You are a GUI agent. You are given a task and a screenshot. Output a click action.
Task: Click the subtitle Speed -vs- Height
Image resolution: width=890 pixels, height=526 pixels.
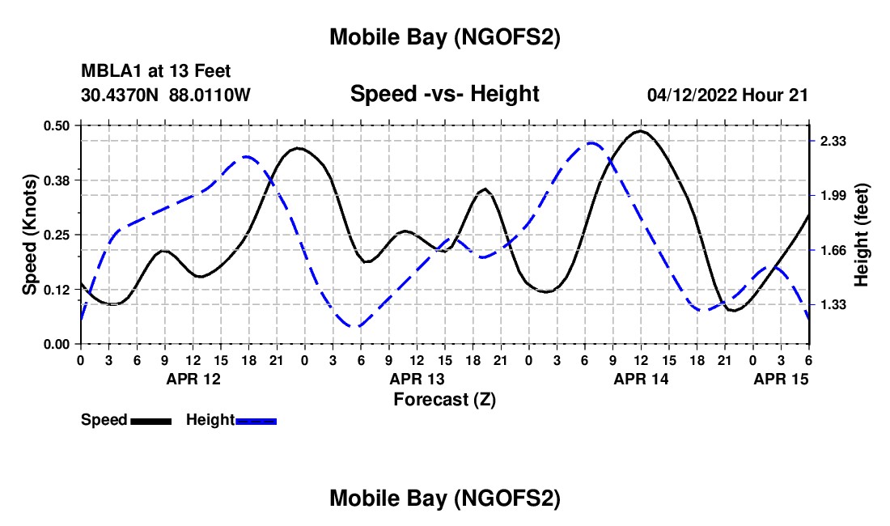click(x=444, y=94)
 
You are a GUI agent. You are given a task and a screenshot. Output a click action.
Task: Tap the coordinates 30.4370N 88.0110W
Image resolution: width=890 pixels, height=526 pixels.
click(x=166, y=95)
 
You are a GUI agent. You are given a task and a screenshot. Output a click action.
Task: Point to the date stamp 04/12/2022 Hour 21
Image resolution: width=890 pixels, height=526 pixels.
click(x=727, y=95)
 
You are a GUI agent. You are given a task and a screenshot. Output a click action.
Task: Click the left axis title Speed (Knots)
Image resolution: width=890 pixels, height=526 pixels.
click(x=30, y=235)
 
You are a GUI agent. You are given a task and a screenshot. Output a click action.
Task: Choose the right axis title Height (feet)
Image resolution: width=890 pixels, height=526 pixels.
click(x=861, y=235)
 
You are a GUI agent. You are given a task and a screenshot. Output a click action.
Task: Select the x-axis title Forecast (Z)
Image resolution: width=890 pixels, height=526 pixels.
click(x=444, y=399)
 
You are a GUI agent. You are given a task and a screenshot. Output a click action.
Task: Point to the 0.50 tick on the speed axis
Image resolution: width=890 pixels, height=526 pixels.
click(x=57, y=125)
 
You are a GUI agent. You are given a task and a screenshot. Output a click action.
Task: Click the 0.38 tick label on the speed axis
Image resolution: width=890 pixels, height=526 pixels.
click(x=57, y=180)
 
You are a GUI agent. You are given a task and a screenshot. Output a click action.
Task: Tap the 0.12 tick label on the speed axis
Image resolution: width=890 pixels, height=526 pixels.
click(x=57, y=290)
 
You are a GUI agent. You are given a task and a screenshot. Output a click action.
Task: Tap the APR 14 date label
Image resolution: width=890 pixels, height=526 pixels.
click(x=641, y=378)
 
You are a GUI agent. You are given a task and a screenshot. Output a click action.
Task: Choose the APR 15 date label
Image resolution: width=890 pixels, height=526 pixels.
click(x=781, y=378)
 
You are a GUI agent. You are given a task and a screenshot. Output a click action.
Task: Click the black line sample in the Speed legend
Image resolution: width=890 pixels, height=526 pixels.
click(x=150, y=420)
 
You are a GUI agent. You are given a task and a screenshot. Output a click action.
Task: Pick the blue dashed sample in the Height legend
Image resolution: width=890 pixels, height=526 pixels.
click(x=256, y=420)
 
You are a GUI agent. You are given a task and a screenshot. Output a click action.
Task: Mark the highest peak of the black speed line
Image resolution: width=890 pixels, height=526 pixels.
click(x=640, y=130)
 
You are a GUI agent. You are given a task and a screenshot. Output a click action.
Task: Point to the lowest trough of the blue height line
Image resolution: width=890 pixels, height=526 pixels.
click(x=355, y=327)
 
